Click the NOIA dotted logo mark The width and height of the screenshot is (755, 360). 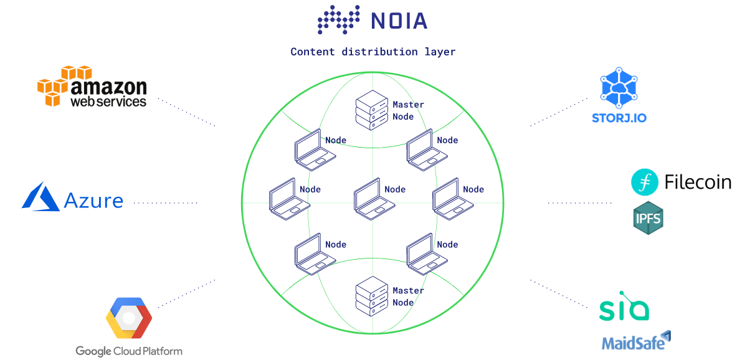338,19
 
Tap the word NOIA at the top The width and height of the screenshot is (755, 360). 399,21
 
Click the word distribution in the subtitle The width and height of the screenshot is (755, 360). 379,52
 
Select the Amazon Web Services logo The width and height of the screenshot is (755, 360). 92,87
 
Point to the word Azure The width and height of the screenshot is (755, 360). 93,201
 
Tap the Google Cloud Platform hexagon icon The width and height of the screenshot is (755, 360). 129,318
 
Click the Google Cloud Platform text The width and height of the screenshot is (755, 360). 129,351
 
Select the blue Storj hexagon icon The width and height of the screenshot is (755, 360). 619,88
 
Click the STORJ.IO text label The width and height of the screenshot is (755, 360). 619,118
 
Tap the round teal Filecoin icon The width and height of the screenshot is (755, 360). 645,182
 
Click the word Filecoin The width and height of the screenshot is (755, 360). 698,182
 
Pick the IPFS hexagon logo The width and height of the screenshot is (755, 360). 648,218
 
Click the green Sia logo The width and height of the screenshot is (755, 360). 624,306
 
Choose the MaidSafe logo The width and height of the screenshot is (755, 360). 637,341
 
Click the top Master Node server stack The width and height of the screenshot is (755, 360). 371,110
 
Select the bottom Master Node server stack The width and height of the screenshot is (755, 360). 371,296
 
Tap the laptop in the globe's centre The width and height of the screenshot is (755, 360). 374,199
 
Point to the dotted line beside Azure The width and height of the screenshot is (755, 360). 166,203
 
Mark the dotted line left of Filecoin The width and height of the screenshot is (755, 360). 580,203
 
